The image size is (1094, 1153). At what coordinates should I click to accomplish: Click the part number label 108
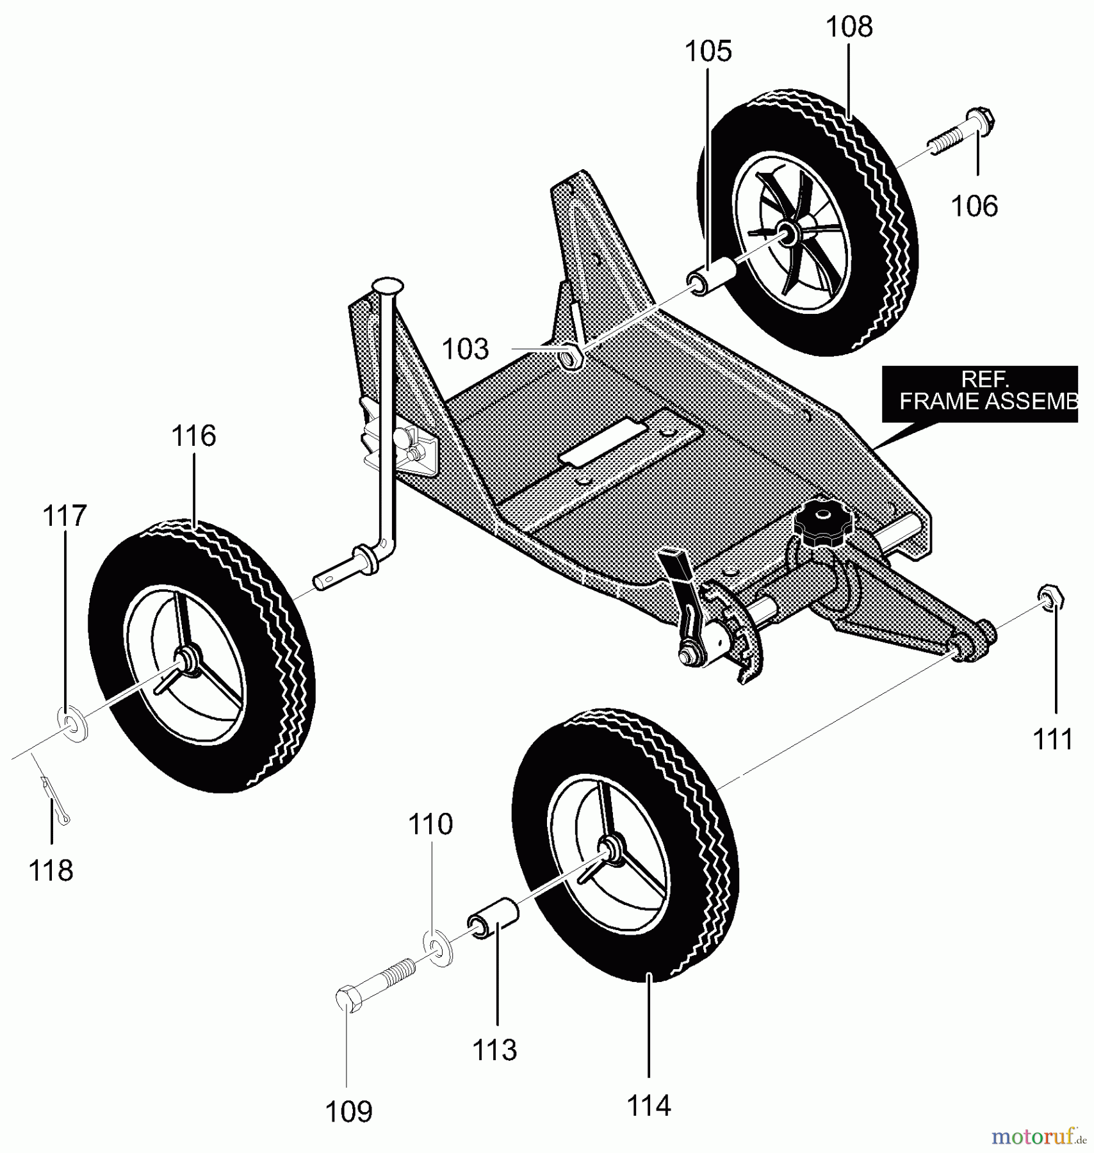tap(849, 28)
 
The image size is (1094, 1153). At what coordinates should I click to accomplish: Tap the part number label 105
tap(708, 51)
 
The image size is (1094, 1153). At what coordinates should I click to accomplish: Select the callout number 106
tap(974, 206)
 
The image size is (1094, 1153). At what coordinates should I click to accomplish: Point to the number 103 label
tap(465, 350)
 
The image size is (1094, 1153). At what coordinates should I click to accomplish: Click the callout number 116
tap(193, 436)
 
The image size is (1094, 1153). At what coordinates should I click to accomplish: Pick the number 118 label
tap(51, 871)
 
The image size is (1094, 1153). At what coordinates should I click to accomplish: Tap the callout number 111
tap(1053, 739)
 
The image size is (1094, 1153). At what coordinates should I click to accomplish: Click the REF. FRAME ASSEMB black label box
tap(979, 393)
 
